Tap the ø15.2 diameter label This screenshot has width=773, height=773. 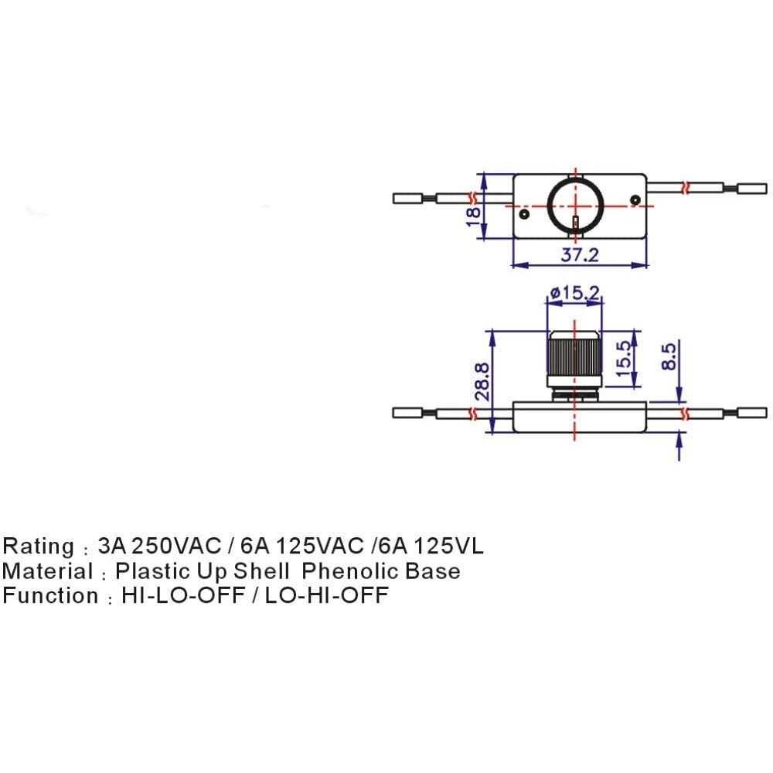tap(574, 293)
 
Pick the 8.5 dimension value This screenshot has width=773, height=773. tap(669, 356)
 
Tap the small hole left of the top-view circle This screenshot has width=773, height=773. tap(525, 213)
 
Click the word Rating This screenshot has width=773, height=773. tap(38, 547)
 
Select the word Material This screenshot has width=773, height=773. tap(47, 571)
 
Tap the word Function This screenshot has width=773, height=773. tap(48, 596)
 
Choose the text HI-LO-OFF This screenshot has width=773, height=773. tap(176, 596)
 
